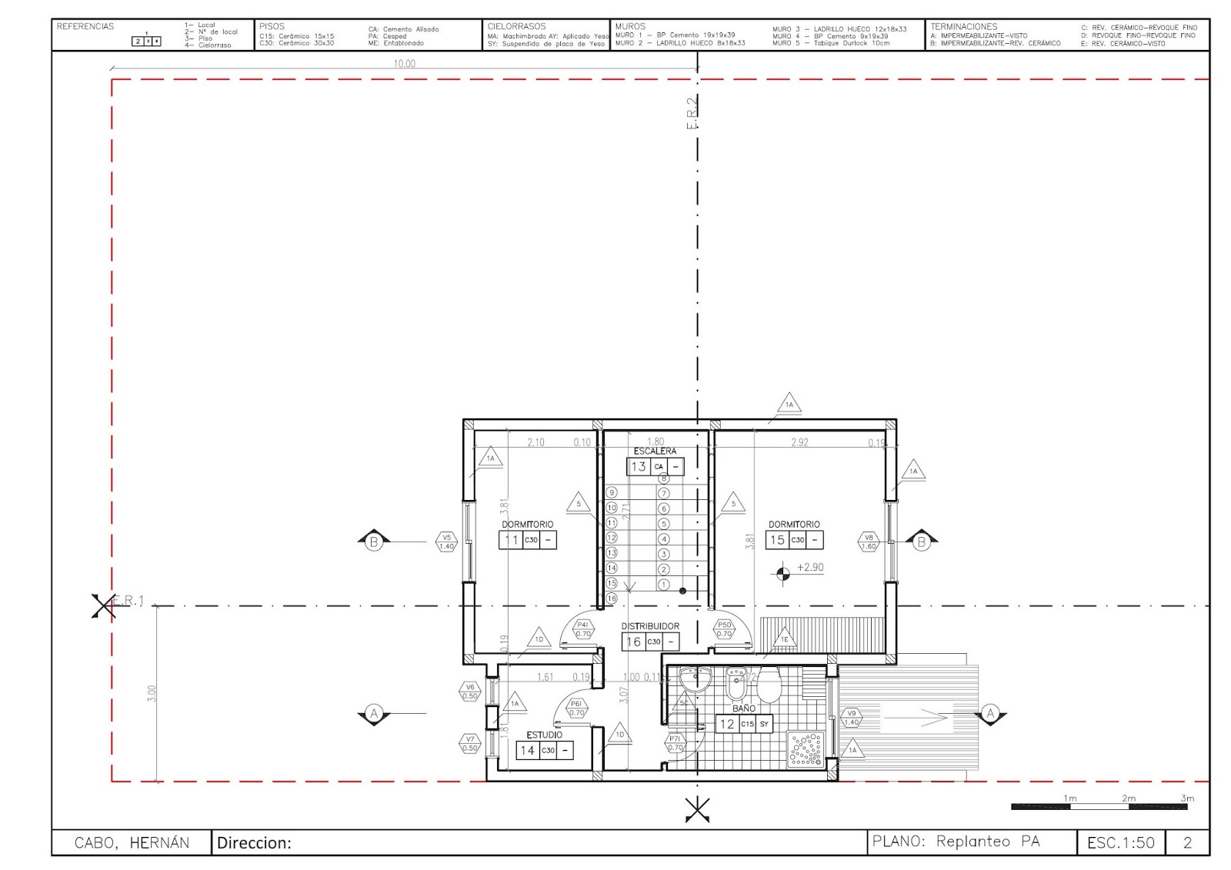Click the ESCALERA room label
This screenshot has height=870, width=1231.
655,451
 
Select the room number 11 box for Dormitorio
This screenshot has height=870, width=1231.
511,540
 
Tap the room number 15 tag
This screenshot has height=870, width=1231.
777,540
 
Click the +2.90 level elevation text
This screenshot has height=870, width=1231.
809,568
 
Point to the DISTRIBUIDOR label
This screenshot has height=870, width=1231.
650,626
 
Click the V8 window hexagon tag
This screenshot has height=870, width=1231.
869,542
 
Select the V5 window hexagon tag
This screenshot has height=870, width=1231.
446,542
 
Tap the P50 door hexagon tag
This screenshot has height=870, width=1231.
724,629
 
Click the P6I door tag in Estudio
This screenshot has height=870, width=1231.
576,708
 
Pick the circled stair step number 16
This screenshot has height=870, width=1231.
612,598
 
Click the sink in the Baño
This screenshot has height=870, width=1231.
695,679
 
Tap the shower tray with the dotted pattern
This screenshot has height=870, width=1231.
806,748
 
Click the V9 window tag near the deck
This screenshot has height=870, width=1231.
851,718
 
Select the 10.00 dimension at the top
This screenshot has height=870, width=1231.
404,64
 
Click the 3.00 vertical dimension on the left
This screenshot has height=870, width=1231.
152,693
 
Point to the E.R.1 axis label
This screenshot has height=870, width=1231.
129,600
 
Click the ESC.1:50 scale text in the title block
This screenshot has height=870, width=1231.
1120,842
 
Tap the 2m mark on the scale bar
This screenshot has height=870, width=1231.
1129,798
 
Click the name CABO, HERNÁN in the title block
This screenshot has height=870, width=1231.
132,842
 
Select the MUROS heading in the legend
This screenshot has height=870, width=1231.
630,26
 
